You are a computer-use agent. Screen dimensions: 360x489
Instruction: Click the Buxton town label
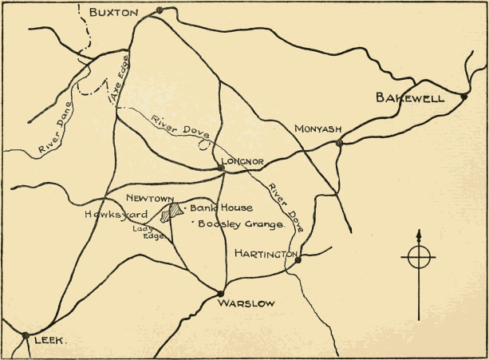click(x=115, y=12)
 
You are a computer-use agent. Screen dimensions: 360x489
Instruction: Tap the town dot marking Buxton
click(x=160, y=10)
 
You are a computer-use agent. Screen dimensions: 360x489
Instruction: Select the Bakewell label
click(x=411, y=98)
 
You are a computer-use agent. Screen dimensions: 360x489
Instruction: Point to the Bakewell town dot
click(x=463, y=97)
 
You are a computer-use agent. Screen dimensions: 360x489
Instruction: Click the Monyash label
click(x=317, y=128)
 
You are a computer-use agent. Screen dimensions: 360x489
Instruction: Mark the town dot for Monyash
click(x=340, y=144)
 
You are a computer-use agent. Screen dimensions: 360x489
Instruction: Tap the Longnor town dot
click(x=222, y=168)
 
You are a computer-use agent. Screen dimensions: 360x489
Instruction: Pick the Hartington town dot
click(x=298, y=259)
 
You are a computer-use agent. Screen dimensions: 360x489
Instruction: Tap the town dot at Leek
click(x=26, y=335)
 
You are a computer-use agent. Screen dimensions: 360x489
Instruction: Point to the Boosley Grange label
click(x=242, y=225)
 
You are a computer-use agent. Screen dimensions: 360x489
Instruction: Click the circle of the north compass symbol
click(x=419, y=257)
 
